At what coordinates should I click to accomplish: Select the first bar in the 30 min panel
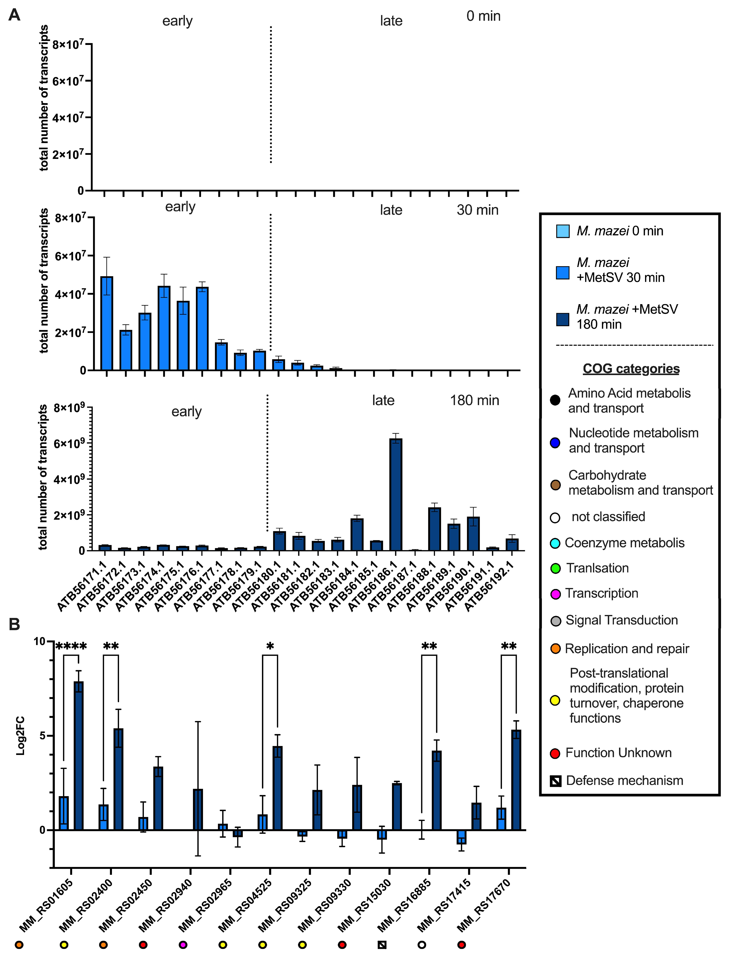(x=107, y=323)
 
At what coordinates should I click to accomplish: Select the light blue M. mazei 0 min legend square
(x=563, y=231)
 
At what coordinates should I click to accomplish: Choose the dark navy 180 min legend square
(x=563, y=319)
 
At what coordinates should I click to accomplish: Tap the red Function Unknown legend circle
(x=555, y=753)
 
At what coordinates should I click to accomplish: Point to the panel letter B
(x=14, y=624)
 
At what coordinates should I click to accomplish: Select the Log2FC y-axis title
(x=20, y=736)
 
